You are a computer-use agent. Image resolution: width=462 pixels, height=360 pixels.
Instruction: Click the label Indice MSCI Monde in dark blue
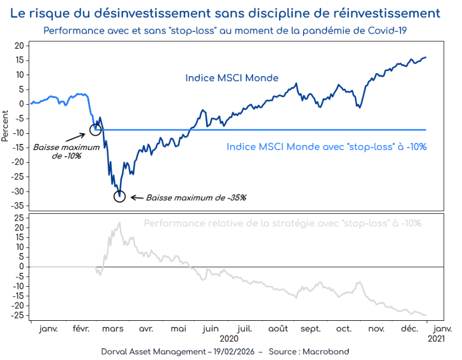232,78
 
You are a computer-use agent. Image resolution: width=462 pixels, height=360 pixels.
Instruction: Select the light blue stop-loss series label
326,147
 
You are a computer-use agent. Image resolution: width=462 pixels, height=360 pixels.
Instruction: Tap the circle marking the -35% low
119,196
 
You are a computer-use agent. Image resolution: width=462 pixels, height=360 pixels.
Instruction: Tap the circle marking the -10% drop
95,130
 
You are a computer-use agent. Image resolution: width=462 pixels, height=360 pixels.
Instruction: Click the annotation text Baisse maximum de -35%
196,198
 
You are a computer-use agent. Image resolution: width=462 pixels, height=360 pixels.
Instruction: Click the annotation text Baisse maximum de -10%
66,152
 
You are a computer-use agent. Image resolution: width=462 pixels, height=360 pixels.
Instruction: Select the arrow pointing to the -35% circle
134,197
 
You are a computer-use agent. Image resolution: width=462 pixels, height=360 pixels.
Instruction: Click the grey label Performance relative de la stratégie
282,223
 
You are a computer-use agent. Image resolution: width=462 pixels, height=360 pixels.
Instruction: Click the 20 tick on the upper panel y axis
20,45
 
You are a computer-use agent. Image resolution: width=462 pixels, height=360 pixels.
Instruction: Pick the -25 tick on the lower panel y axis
19,315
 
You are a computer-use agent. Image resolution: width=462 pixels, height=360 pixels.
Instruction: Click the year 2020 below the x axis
228,339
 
